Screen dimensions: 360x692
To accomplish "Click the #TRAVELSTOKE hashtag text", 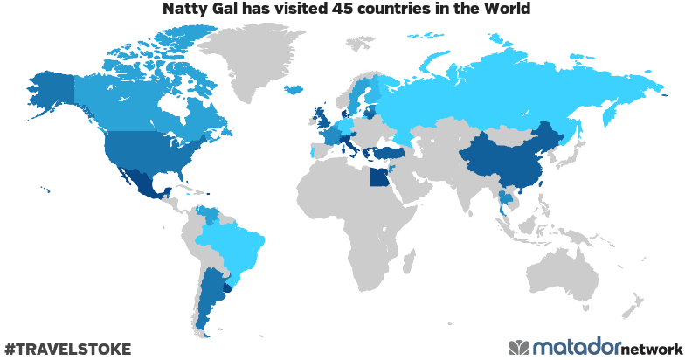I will [67, 349].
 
